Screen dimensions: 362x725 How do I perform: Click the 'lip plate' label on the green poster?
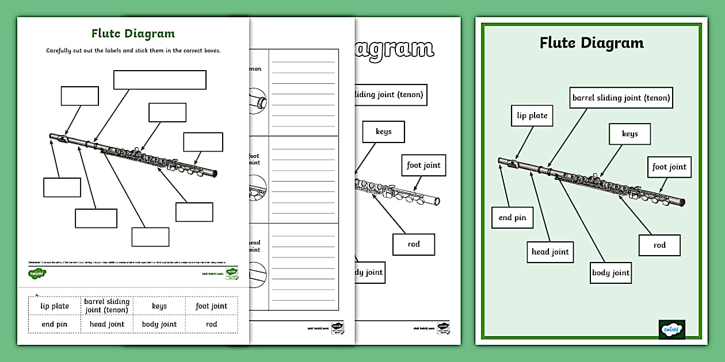pos(532,115)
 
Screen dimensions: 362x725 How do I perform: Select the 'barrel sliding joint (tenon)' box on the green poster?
pos(621,98)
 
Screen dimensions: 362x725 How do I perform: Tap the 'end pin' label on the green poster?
pos(512,218)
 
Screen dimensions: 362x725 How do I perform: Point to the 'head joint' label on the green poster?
pos(550,252)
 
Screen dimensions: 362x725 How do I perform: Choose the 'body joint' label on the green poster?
pos(610,272)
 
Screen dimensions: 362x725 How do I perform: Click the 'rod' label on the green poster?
pos(659,245)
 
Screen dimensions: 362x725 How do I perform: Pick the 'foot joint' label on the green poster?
pos(669,167)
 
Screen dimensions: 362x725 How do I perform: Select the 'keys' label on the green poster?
pos(629,134)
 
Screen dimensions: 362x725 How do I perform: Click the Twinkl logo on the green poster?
pos(671,329)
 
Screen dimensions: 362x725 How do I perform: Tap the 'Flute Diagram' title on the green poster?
pos(592,43)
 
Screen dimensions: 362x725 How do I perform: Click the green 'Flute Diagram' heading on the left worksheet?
pos(133,34)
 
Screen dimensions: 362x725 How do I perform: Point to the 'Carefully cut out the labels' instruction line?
pos(133,51)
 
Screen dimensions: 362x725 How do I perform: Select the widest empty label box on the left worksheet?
pos(159,80)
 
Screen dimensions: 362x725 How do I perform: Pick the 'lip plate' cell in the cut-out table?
pos(55,306)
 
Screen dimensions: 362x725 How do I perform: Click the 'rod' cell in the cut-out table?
pos(211,324)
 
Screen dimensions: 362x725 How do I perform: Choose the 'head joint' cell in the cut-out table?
pos(107,324)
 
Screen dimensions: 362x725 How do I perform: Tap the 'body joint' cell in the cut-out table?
pos(159,324)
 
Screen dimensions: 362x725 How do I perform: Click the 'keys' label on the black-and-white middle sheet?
pos(383,132)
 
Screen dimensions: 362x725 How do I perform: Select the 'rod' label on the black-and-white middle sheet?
pos(414,244)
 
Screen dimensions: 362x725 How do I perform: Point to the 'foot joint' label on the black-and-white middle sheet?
pos(423,165)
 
